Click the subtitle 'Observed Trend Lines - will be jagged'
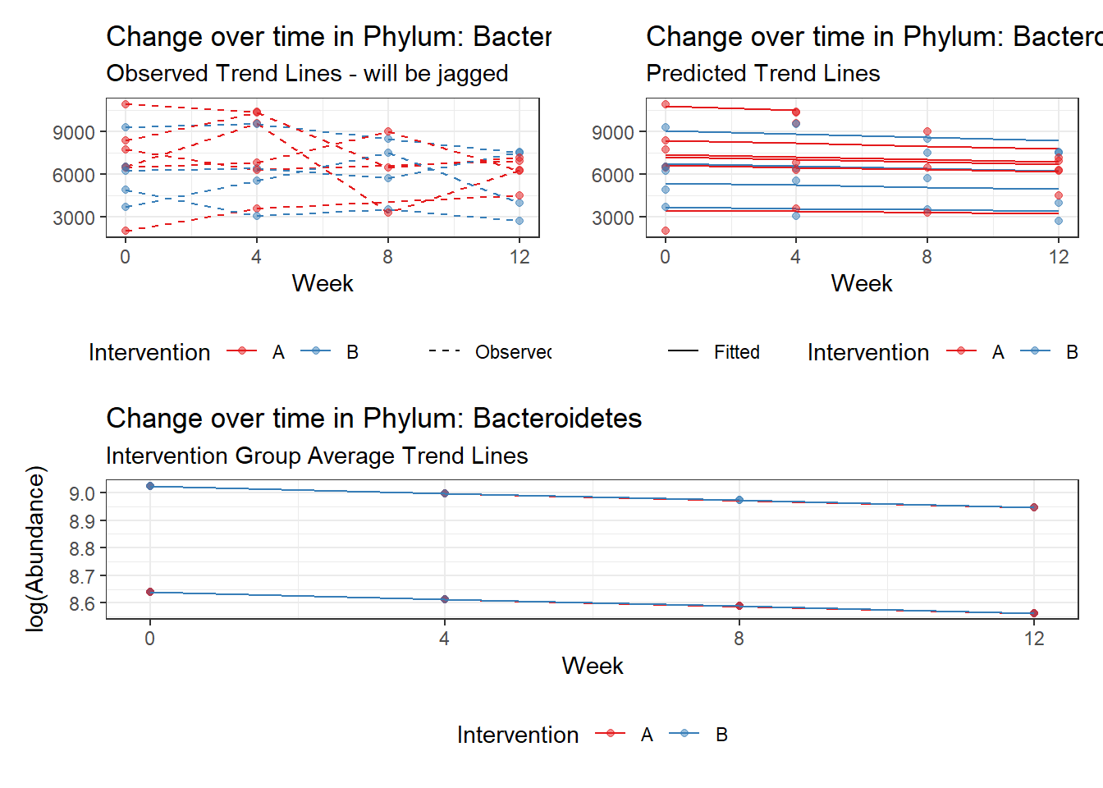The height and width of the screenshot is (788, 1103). (307, 74)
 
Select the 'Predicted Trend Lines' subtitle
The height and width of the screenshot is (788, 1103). (762, 74)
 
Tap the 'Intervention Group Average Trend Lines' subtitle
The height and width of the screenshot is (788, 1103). (317, 456)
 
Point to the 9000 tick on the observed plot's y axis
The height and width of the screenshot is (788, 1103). (74, 132)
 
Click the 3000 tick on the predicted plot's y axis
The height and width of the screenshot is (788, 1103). (613, 218)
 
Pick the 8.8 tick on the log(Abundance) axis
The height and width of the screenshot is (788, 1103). (82, 549)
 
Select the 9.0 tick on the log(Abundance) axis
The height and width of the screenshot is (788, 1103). (82, 494)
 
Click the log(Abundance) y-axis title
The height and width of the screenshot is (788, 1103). (35, 548)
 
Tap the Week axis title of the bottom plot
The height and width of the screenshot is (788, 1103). (592, 666)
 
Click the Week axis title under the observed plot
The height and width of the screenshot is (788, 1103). (323, 284)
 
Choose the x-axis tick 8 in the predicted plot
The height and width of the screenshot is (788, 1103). (927, 258)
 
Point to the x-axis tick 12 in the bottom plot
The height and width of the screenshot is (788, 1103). (1034, 639)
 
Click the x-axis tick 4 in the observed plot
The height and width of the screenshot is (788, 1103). (256, 258)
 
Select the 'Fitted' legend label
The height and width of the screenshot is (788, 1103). (736, 352)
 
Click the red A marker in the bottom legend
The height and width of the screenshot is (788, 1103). (610, 734)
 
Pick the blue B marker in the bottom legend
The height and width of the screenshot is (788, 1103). (684, 734)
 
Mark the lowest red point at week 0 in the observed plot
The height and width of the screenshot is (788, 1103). (126, 231)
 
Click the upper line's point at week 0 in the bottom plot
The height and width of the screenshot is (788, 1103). (150, 486)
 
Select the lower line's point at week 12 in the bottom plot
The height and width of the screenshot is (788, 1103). (1034, 613)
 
